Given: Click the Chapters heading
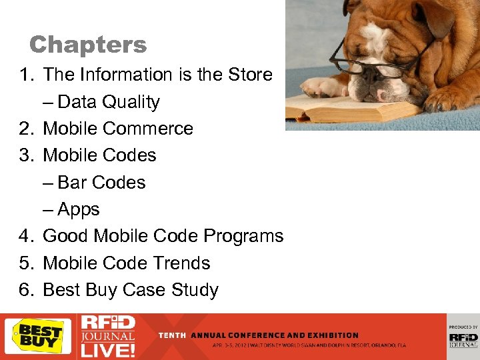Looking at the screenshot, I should tap(88, 45).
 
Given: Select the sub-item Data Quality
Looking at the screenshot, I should tap(109, 102).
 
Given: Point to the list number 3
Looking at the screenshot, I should tap(26, 155).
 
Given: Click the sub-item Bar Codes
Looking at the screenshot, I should tap(101, 183).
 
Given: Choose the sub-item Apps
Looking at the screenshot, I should tap(79, 209).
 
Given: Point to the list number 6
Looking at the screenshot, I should tap(26, 290).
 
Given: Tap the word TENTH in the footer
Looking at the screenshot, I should tap(172, 335).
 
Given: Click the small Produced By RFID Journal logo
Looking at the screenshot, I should tap(463, 336).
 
